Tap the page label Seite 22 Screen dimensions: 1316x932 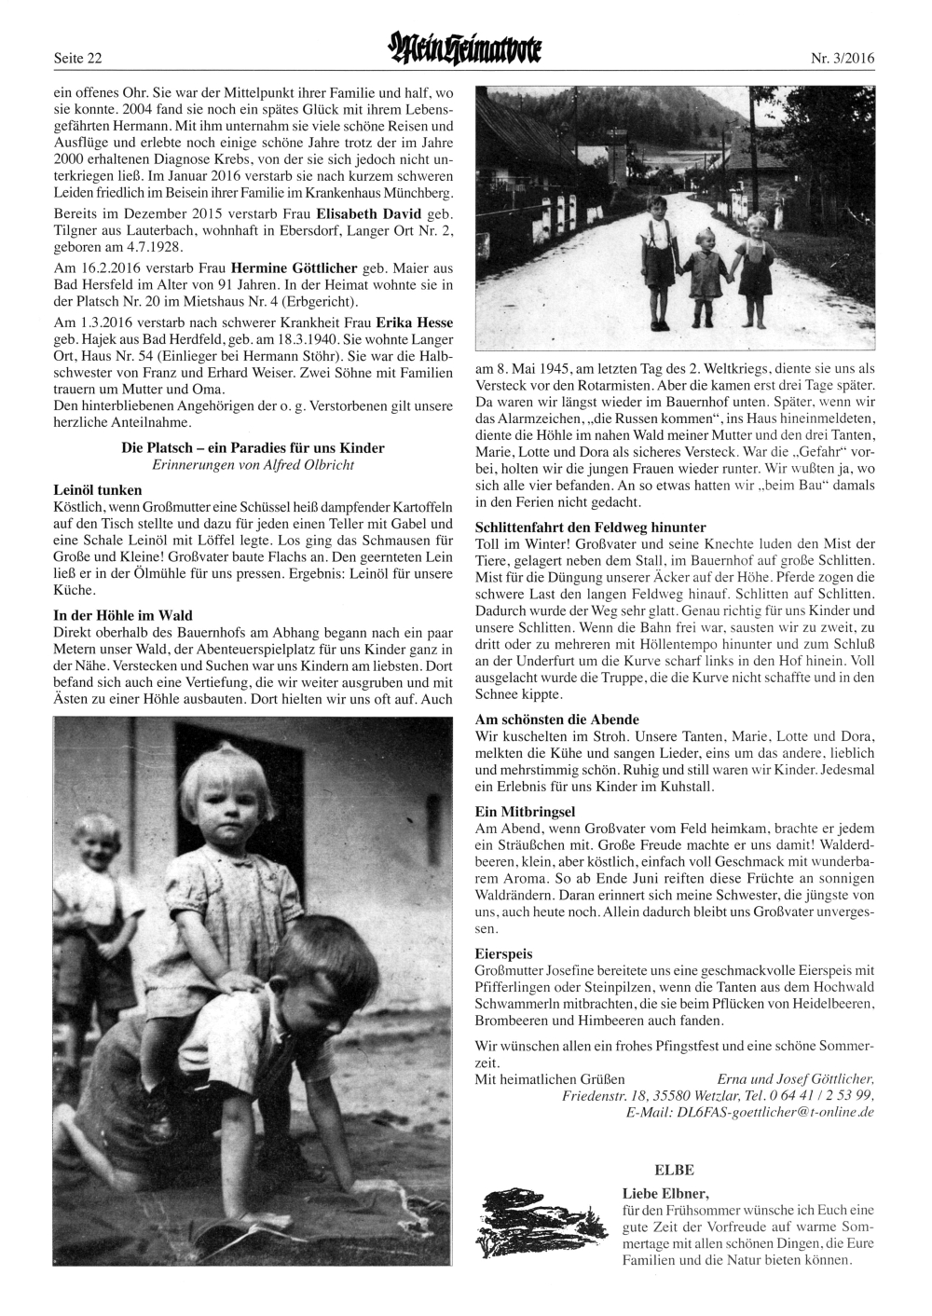pos(78,59)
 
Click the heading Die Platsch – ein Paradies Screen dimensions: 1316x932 pos(253,448)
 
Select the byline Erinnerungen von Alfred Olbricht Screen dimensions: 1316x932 pos(253,464)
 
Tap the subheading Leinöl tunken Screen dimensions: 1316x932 pos(98,489)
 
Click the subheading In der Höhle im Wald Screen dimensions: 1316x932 pos(123,615)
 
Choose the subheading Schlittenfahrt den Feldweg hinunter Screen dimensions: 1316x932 pos(590,527)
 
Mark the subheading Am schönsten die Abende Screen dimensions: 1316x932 pos(556,720)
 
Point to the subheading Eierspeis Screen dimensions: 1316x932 pos(503,954)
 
